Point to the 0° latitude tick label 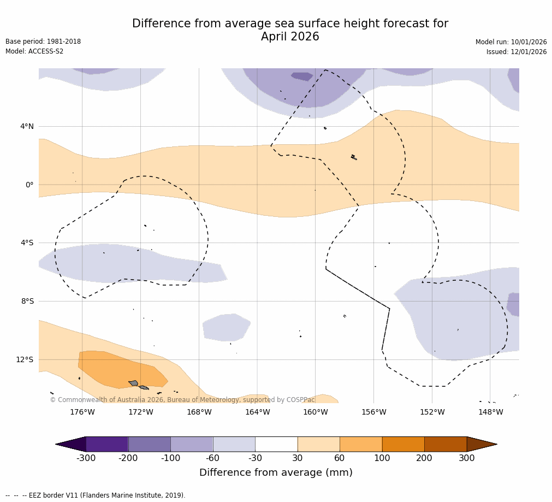29,185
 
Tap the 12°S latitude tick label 25,360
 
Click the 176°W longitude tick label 82,412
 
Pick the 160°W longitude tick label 316,412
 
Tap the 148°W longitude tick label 490,412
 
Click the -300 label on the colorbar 86,458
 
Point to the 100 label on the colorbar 382,458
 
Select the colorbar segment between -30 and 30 276,444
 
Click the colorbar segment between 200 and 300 446,444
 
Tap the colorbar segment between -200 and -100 149,444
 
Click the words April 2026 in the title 290,37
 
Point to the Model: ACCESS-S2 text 34,52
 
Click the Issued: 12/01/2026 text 517,52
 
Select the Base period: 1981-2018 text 43,42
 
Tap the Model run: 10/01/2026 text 511,43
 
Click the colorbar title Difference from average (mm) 276,473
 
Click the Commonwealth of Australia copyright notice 182,400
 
